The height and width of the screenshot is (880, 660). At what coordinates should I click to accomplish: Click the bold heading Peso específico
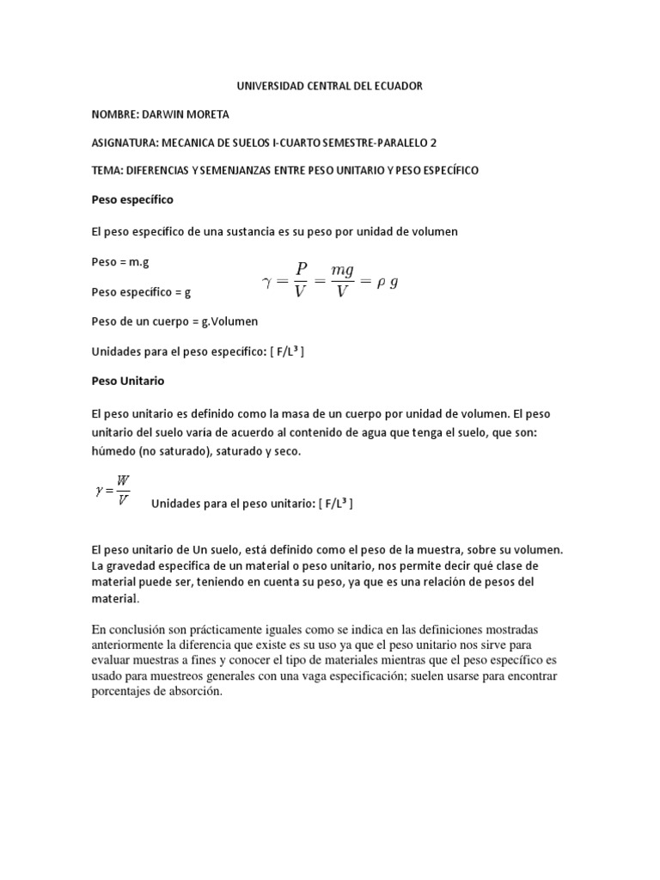point(132,199)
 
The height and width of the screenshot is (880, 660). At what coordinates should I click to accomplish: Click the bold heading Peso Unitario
point(127,380)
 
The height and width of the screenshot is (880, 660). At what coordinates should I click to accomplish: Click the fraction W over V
point(123,490)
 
